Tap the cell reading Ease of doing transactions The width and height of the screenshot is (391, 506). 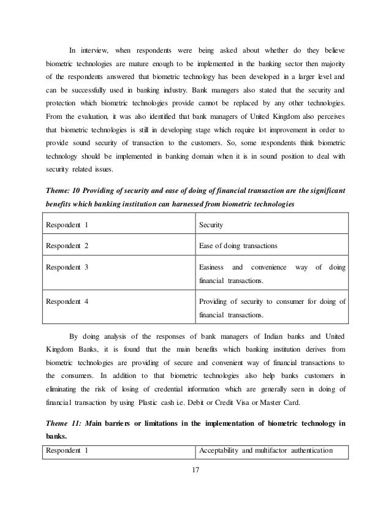(x=238, y=246)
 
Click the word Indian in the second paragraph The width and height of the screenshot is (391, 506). (x=274, y=336)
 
